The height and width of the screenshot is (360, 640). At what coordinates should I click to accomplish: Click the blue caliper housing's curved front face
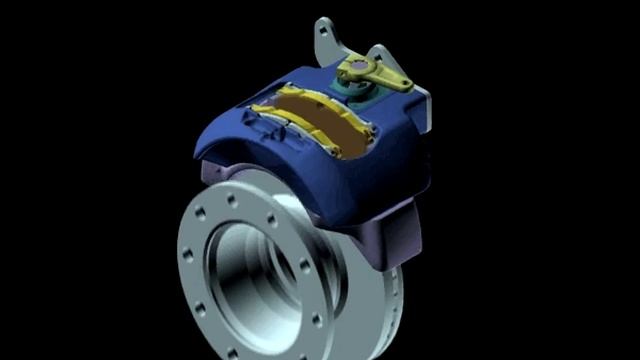click(x=300, y=180)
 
